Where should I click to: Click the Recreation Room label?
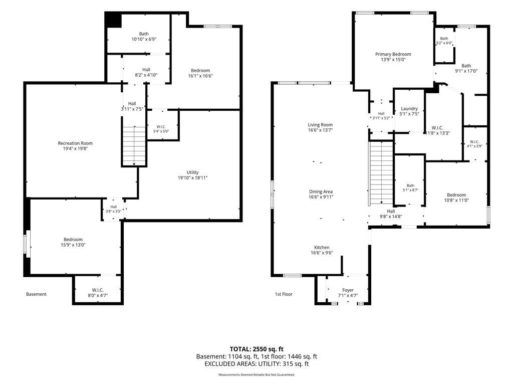tap(75, 143)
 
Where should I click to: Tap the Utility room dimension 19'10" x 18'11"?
tap(193, 178)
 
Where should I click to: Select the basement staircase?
tap(134, 146)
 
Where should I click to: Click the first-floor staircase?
tap(381, 173)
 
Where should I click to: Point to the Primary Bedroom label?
tap(393, 54)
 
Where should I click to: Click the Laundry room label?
tap(409, 108)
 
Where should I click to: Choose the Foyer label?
tap(348, 290)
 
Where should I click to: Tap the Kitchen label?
tap(322, 248)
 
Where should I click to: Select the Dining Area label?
tap(321, 191)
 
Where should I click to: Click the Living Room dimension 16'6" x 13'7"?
tap(320, 130)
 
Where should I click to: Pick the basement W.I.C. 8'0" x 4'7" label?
tap(98, 293)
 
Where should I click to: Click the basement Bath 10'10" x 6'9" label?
tap(144, 36)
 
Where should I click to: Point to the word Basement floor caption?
tap(36, 294)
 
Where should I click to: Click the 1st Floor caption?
tap(284, 294)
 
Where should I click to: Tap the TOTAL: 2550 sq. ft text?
tap(256, 349)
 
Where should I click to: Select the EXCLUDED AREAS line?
tap(256, 364)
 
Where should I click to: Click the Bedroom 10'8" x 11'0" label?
tap(456, 198)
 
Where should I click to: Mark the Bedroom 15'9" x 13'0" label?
tap(73, 242)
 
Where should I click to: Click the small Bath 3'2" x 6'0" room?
tap(444, 45)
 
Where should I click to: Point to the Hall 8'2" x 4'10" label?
tap(146, 72)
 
